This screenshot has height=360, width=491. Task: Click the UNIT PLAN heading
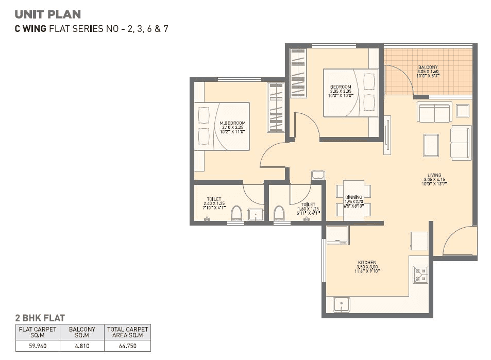48,14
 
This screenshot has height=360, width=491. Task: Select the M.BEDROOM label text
232,123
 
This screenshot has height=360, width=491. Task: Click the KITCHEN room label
367,263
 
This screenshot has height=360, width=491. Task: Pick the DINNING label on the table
354,197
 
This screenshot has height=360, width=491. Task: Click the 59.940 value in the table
38,347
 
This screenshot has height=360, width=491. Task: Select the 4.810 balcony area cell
82,347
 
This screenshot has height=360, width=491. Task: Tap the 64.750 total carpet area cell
127,347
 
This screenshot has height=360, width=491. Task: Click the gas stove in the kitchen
419,274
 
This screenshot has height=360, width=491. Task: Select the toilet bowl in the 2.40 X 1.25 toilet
236,212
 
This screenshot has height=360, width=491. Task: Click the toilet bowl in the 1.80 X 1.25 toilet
279,212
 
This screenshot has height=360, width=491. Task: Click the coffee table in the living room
431,145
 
